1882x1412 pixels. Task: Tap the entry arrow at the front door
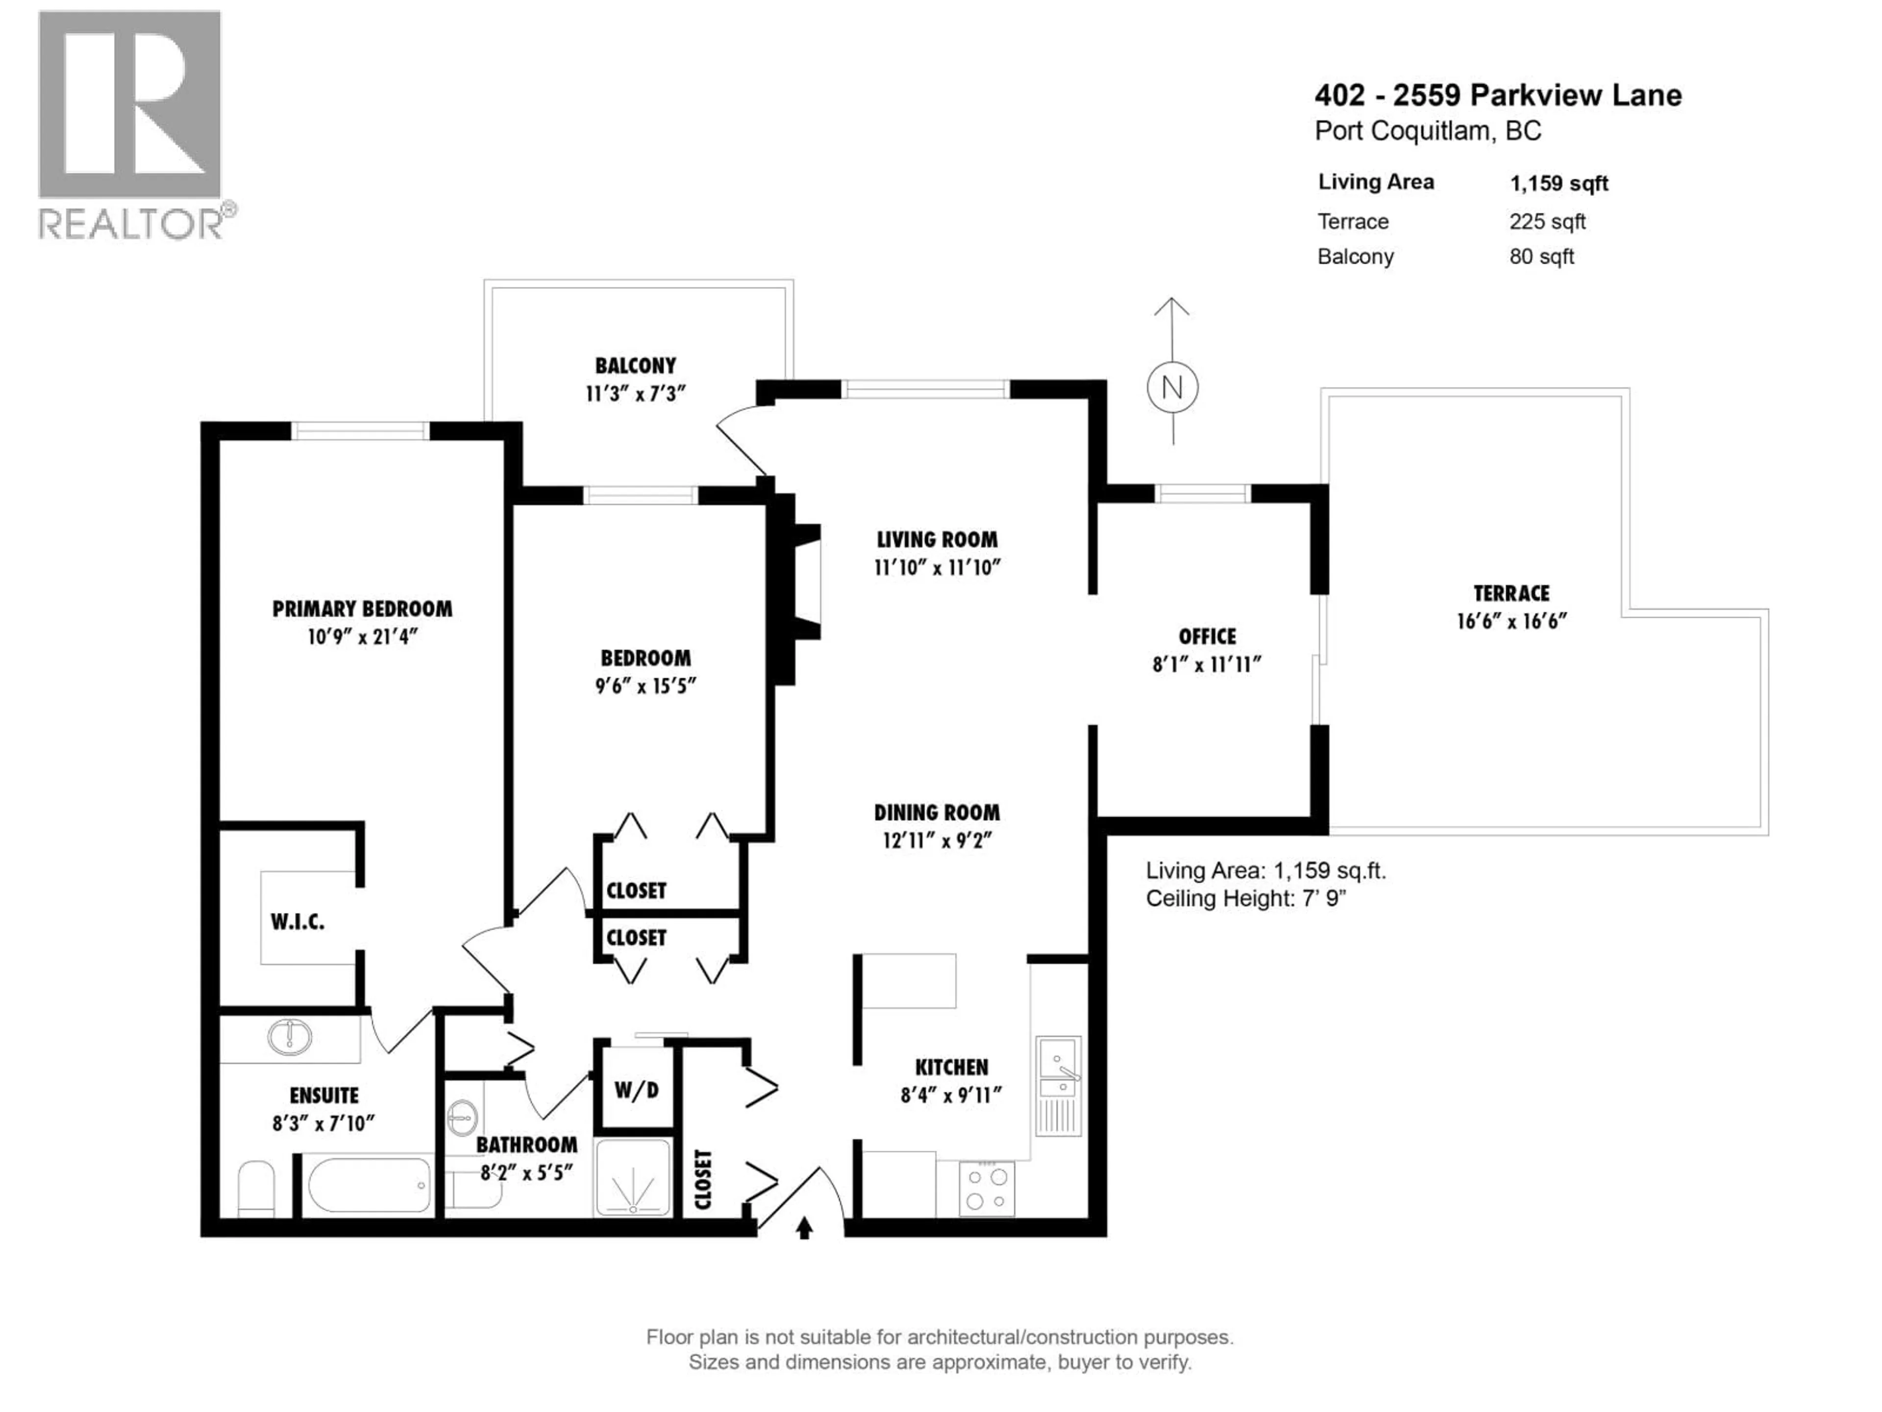tap(804, 1228)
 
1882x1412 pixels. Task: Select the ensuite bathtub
tap(369, 1184)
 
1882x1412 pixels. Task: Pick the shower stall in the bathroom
tap(633, 1177)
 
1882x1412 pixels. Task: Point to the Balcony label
tap(636, 366)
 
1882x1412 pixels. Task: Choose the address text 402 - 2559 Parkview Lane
tap(1497, 95)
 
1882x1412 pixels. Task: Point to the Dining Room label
tap(937, 813)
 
